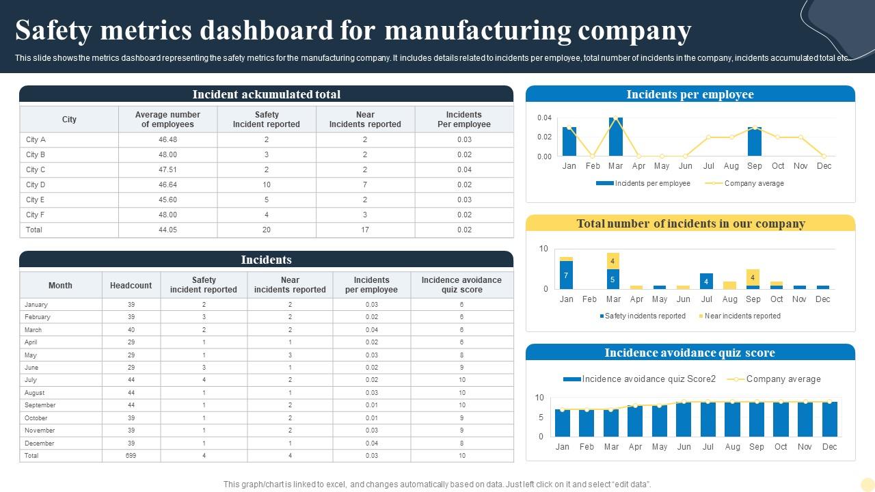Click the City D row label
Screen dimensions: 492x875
pyautogui.click(x=36, y=184)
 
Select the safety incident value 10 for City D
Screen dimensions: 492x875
pyautogui.click(x=267, y=184)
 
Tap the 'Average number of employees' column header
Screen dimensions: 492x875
pyautogui.click(x=167, y=120)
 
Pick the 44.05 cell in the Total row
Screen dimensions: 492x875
pyautogui.click(x=167, y=230)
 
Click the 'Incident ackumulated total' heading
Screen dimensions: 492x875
pyautogui.click(x=266, y=94)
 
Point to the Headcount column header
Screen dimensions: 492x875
pyautogui.click(x=131, y=285)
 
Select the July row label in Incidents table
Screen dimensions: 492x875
pyautogui.click(x=31, y=380)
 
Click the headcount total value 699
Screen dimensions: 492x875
pyautogui.click(x=131, y=456)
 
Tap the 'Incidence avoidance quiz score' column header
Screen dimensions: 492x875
pyautogui.click(x=461, y=285)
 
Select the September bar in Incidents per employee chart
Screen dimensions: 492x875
pyautogui.click(x=754, y=142)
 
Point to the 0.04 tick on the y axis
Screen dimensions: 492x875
pyautogui.click(x=544, y=118)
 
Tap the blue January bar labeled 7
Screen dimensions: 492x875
pyautogui.click(x=566, y=275)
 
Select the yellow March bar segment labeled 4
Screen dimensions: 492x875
pyautogui.click(x=613, y=261)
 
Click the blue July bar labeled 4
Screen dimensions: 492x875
pyautogui.click(x=706, y=281)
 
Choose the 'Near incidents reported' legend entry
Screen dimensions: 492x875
pyautogui.click(x=742, y=316)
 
